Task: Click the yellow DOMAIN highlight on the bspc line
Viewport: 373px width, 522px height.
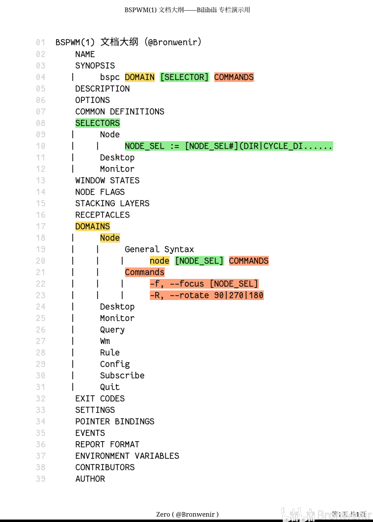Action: (140, 77)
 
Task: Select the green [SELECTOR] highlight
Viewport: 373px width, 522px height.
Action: (185, 77)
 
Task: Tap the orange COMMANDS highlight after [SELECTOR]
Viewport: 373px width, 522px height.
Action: (234, 77)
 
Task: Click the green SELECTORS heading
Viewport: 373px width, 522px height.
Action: (97, 123)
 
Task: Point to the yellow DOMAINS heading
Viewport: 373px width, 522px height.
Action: (92, 226)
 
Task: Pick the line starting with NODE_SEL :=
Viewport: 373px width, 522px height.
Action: (229, 146)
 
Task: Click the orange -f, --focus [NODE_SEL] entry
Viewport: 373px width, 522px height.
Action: (204, 284)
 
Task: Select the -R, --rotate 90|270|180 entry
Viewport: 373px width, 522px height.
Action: (207, 295)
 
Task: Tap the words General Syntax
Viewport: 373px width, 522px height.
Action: (160, 249)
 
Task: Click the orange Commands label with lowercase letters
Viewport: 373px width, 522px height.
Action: (145, 273)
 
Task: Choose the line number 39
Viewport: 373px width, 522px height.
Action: (41, 479)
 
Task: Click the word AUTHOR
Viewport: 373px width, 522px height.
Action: (90, 479)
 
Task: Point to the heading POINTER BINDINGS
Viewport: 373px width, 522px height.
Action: (115, 422)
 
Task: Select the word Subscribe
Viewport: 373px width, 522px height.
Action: (122, 375)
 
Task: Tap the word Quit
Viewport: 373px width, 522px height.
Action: (109, 387)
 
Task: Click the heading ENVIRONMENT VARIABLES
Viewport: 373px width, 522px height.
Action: (127, 456)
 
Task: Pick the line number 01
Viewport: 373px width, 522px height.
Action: (41, 42)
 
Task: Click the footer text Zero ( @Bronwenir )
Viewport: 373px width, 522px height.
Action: (187, 514)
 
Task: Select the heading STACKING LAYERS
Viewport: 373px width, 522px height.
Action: (112, 203)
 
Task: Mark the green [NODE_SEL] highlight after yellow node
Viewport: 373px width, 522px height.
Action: (199, 261)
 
